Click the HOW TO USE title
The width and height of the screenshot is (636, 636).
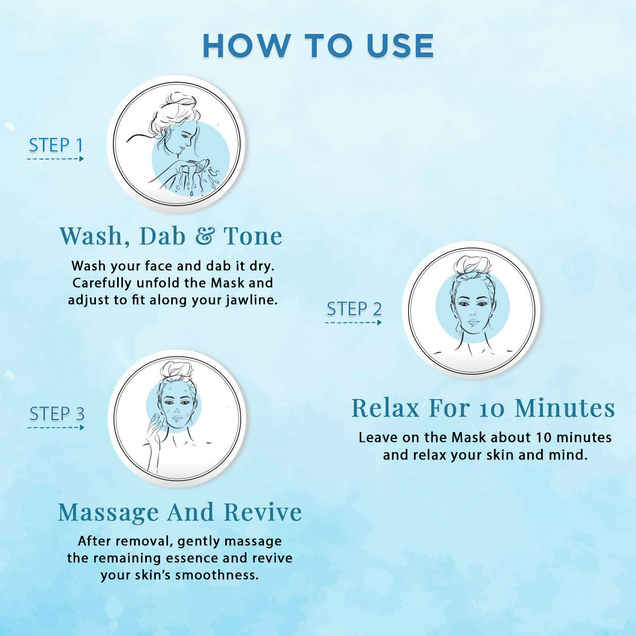(318, 46)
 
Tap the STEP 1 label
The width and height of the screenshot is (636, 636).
(56, 145)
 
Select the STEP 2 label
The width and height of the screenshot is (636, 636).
(354, 309)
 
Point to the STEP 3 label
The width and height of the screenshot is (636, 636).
(57, 414)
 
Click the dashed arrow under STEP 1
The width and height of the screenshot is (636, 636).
(55, 159)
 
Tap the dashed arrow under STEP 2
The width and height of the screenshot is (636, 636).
(353, 322)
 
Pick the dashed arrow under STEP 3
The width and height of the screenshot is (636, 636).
(56, 428)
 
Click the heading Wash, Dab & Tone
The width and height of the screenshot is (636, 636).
(171, 236)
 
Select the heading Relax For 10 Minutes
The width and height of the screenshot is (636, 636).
(483, 408)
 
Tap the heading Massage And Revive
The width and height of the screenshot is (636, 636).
(180, 512)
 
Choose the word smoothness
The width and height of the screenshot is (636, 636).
(217, 575)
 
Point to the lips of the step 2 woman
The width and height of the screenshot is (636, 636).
(473, 322)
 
